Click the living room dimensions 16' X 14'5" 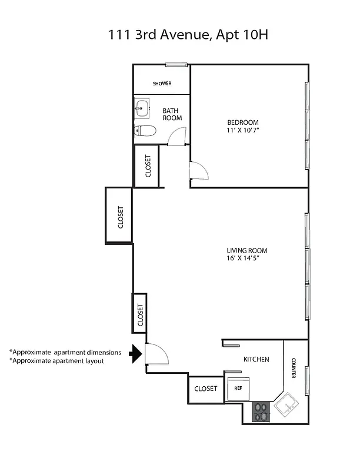(243, 258)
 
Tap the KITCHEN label (256, 359)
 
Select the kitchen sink (288, 405)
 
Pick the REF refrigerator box (239, 389)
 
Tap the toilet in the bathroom (144, 131)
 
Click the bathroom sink (141, 108)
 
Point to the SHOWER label (162, 84)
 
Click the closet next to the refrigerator (205, 389)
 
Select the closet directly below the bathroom (148, 166)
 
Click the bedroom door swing (198, 173)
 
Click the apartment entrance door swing (157, 354)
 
